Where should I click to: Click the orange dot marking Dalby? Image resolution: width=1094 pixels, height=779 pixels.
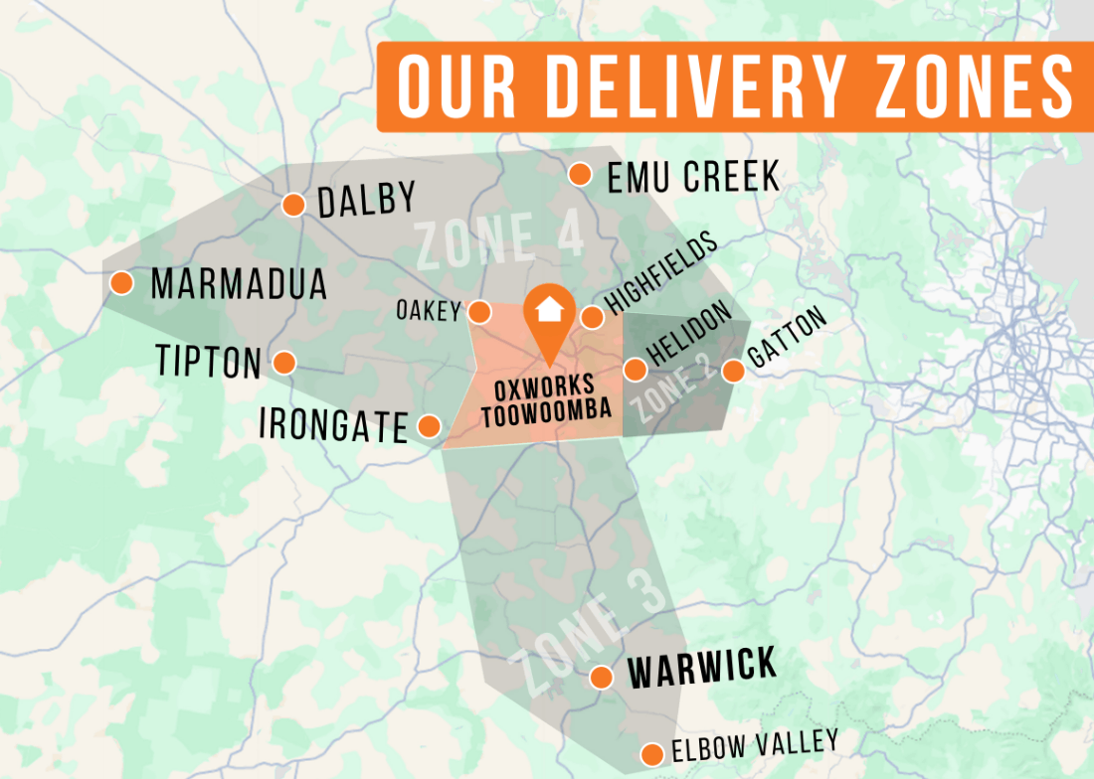point(293,205)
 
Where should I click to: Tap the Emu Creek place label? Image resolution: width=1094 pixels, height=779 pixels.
point(693,177)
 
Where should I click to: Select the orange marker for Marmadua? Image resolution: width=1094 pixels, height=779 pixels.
point(121,283)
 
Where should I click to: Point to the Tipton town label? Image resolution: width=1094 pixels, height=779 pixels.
point(209,362)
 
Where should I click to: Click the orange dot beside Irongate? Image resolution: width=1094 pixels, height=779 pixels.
point(430,426)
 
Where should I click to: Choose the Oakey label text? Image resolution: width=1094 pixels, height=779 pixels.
point(429,311)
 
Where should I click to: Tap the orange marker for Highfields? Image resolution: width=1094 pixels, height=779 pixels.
point(592,317)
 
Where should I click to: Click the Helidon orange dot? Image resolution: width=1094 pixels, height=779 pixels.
point(635,370)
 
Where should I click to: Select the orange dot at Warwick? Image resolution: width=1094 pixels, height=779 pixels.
point(601,677)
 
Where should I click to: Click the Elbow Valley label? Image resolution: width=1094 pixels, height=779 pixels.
point(754,745)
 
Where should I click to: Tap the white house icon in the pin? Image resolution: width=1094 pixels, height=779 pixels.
point(547,308)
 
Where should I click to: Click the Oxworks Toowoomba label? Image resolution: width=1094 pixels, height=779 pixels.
point(546,400)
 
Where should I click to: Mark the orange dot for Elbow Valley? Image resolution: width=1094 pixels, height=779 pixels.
point(652,753)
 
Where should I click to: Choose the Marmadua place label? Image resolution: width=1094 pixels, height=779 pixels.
point(239,285)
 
